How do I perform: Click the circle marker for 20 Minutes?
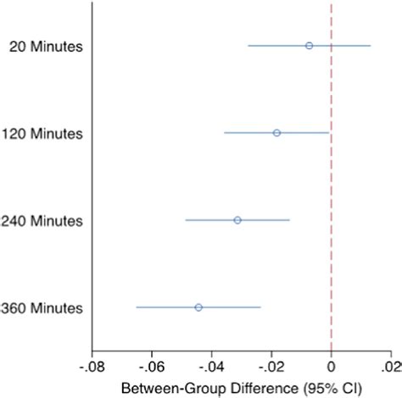coord(309,46)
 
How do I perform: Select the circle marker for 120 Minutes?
coord(276,133)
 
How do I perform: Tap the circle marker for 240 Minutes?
coord(237,220)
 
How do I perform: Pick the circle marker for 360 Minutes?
coord(198,307)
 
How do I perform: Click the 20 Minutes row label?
coord(46,47)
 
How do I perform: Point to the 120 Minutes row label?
coord(42,134)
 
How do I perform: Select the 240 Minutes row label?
coord(42,221)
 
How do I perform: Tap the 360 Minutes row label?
coord(42,308)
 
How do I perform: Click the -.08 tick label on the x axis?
coord(92,369)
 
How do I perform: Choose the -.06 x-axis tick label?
coord(151,369)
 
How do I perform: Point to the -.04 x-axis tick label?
coord(211,369)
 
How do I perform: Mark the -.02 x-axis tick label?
coord(271,369)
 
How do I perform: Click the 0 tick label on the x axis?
coord(332,369)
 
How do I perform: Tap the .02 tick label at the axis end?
coord(392,369)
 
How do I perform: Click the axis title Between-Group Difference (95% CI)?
coord(241,389)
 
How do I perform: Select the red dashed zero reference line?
coord(332,178)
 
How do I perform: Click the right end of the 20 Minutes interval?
coord(371,46)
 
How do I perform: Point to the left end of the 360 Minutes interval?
coord(137,307)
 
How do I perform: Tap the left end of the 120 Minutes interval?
coord(225,133)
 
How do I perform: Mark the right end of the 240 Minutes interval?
coord(290,220)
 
